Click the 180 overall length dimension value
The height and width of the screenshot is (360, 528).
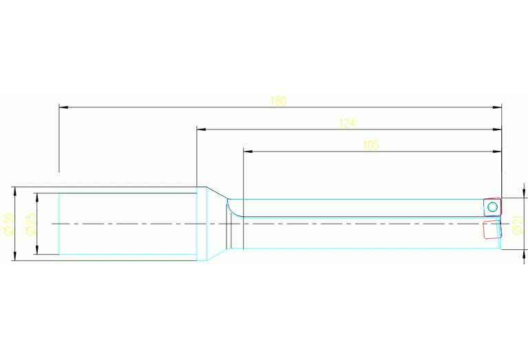pos(278,101)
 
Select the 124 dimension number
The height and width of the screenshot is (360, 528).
pos(347,123)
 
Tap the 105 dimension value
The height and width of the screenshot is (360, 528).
pos(371,145)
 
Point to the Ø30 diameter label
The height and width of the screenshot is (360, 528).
pos(8,224)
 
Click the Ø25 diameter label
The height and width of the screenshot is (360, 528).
pos(30,224)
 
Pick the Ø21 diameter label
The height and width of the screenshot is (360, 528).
pos(518,224)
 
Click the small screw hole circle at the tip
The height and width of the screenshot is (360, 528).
pos(492,207)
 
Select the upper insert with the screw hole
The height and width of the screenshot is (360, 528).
pos(492,207)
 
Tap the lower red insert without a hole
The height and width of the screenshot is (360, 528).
pos(492,229)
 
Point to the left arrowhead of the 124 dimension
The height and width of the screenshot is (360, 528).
pos(201,129)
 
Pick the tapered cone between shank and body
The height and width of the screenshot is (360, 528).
pos(217,224)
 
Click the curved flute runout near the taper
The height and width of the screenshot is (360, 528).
pos(233,207)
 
